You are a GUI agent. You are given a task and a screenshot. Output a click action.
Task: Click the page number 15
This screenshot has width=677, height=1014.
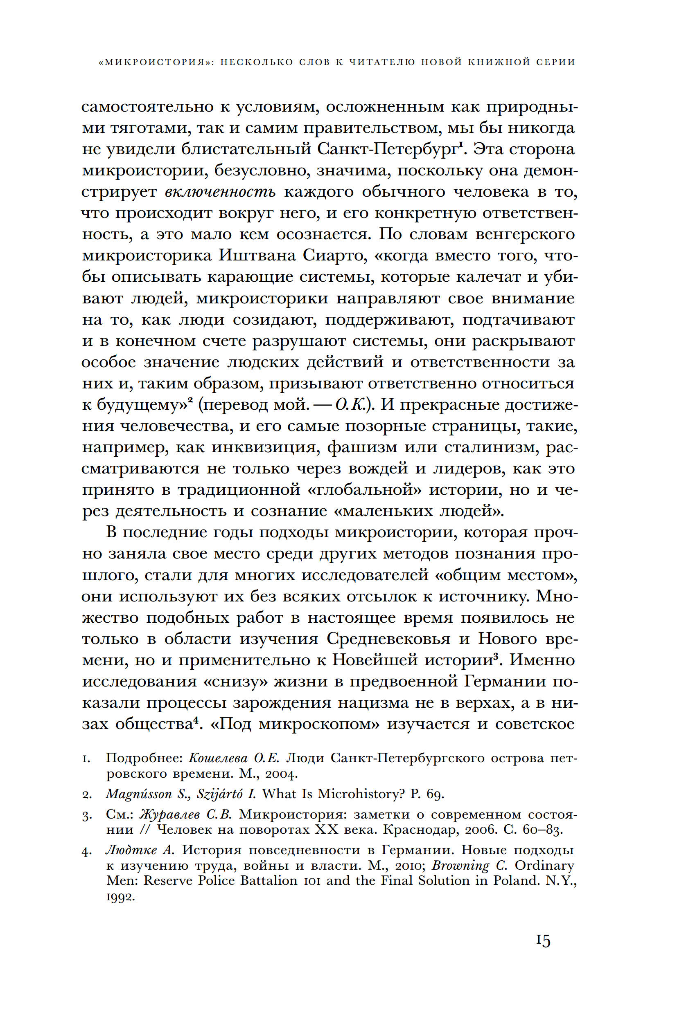543,940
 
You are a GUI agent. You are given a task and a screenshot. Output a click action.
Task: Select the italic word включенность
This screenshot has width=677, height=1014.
220,191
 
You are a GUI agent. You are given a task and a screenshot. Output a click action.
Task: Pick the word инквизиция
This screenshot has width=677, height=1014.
265,447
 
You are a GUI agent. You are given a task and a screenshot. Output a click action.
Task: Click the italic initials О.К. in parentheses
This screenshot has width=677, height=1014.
351,404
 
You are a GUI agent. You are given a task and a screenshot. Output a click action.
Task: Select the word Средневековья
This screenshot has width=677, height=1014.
388,639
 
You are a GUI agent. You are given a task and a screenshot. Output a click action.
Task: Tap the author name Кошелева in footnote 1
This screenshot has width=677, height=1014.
218,758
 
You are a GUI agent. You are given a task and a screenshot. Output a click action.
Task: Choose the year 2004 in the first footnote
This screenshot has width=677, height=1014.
281,774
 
